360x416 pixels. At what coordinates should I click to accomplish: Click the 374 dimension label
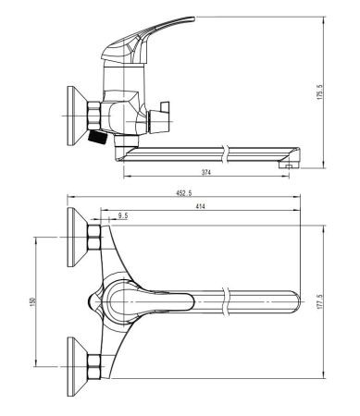click(206, 173)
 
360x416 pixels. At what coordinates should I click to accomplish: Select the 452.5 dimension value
click(184, 193)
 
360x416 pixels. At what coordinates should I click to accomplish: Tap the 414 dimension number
click(201, 206)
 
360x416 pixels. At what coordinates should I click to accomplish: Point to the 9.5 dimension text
click(123, 216)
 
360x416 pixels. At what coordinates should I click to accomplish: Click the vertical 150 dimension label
click(32, 301)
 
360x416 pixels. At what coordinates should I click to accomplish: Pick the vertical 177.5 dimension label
click(319, 301)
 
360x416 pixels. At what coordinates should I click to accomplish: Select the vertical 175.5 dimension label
click(319, 92)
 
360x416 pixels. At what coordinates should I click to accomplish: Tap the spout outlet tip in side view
click(289, 165)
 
